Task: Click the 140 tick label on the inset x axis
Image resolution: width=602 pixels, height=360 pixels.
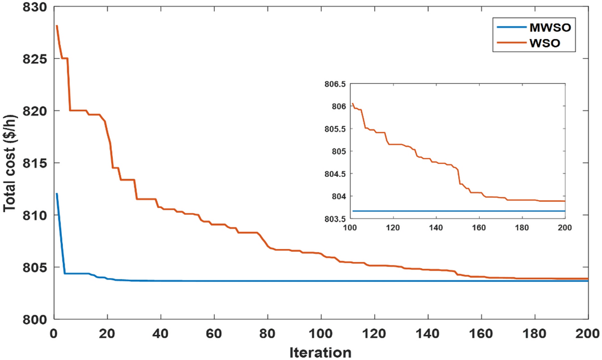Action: point(436,227)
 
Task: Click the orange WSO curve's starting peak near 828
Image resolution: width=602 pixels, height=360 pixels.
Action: point(57,26)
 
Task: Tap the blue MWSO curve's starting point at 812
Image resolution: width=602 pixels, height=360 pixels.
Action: point(57,194)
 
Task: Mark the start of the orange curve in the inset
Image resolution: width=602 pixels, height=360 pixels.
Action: point(352,104)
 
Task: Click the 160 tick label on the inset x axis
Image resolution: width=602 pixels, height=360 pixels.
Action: point(479,227)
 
